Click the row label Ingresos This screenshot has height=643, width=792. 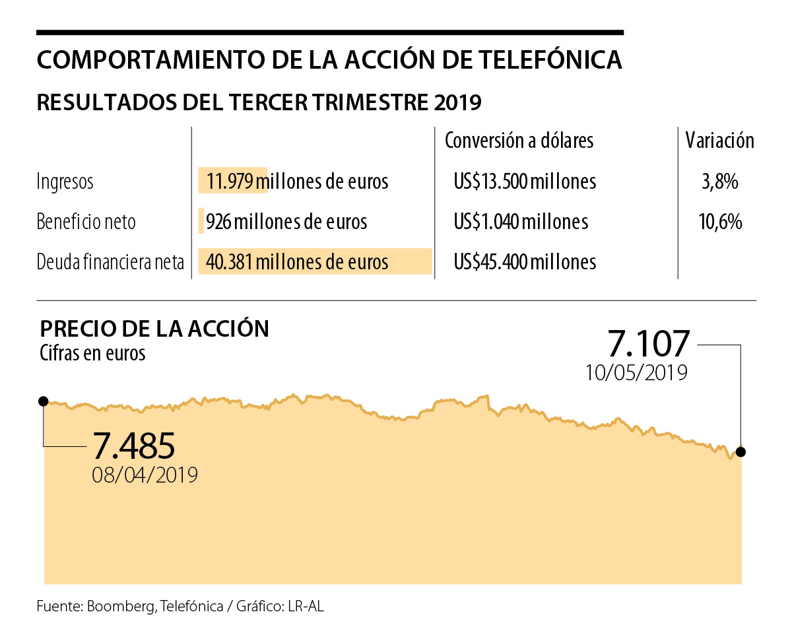65,182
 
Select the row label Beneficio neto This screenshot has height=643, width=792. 86,222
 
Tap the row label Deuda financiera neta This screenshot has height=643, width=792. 110,263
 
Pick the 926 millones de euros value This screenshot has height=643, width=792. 286,222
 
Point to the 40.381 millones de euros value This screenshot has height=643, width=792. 297,263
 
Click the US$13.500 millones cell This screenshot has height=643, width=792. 525,182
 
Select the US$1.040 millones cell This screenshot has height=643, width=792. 521,222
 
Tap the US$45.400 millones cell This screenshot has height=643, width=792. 525,263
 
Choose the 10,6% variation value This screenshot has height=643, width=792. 719,222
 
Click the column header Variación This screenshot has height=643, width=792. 719,141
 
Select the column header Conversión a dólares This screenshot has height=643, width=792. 519,141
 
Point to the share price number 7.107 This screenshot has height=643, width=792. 648,344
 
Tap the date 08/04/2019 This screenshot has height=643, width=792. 145,475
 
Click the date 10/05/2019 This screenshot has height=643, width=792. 636,373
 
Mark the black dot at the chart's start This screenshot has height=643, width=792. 44,401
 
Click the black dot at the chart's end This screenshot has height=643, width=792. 741,452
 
